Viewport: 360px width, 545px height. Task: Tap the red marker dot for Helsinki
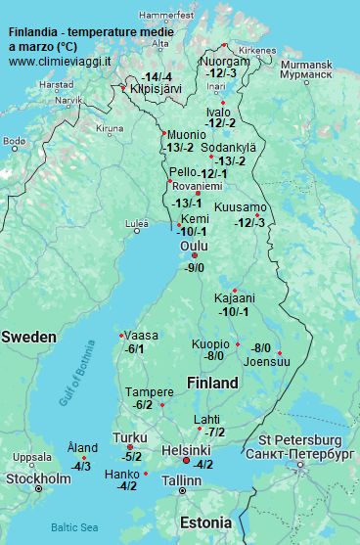point(186,461)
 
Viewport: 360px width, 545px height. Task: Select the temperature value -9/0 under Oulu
point(194,267)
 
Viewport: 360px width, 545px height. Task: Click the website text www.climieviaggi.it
point(60,61)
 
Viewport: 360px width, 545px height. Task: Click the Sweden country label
point(28,337)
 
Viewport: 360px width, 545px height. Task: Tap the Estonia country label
point(206,522)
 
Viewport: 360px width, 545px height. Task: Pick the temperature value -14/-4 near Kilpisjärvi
point(157,76)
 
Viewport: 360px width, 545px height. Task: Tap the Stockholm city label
point(38,478)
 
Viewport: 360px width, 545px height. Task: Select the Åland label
point(82,447)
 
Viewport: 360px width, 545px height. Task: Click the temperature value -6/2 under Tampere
point(143,404)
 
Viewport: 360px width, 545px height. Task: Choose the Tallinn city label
point(181,480)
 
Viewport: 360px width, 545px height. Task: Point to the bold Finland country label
point(212,382)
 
